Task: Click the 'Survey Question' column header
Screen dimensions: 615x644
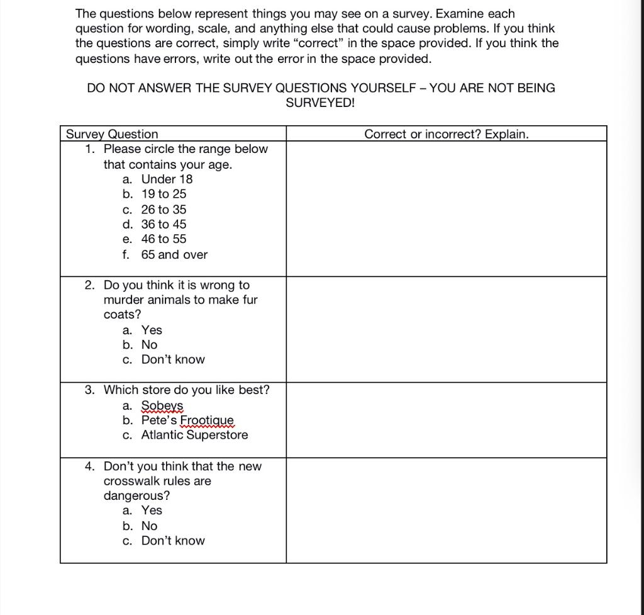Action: [113, 134]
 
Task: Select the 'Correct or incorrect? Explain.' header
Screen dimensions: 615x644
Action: [447, 134]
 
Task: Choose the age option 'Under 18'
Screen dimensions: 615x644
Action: [167, 179]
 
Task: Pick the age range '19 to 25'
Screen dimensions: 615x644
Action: [164, 195]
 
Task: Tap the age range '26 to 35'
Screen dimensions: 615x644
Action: [164, 210]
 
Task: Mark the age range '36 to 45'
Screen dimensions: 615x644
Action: [164, 225]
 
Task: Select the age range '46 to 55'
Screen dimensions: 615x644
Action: [164, 239]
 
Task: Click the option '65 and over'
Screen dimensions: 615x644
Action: [174, 255]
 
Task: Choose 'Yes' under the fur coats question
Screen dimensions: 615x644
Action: [152, 330]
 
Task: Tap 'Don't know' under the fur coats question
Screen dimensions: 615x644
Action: [173, 360]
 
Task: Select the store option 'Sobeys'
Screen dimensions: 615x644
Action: [162, 405]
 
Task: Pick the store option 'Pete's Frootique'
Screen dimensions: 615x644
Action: [187, 420]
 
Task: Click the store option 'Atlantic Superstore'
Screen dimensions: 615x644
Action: [194, 436]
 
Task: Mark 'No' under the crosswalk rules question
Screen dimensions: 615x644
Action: [149, 526]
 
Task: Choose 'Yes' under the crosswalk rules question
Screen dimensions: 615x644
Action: [152, 511]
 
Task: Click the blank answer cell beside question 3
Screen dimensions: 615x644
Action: [447, 420]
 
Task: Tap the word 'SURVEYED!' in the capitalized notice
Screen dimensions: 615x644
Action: [321, 103]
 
